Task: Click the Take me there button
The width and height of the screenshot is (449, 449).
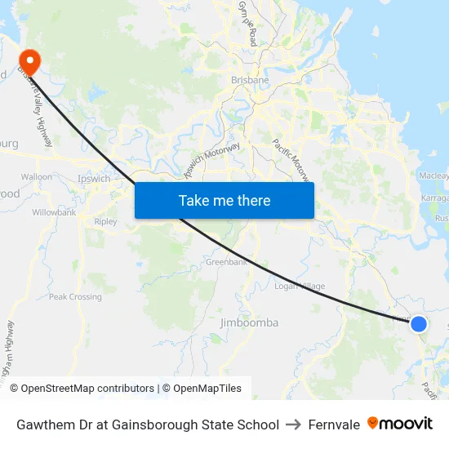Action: click(x=224, y=200)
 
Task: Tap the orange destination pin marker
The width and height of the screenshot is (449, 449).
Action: click(x=30, y=60)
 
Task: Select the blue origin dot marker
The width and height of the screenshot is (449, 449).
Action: click(x=418, y=324)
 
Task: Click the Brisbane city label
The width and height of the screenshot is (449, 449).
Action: click(x=250, y=81)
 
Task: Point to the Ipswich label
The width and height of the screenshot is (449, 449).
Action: click(x=93, y=178)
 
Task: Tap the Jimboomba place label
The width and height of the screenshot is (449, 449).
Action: click(x=249, y=323)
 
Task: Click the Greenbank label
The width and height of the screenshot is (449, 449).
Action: click(x=226, y=263)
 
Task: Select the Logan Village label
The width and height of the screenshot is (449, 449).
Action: click(x=300, y=287)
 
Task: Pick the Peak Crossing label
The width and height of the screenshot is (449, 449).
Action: click(x=75, y=297)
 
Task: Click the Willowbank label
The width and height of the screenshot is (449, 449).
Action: click(x=54, y=212)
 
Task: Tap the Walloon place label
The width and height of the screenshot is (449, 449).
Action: click(x=36, y=176)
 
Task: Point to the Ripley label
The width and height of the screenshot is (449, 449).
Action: click(x=106, y=221)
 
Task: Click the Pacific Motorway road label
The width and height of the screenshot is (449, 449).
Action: click(x=291, y=159)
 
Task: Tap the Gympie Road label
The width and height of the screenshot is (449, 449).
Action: click(x=247, y=24)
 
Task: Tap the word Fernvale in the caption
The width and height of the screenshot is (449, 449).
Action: click(x=334, y=425)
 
